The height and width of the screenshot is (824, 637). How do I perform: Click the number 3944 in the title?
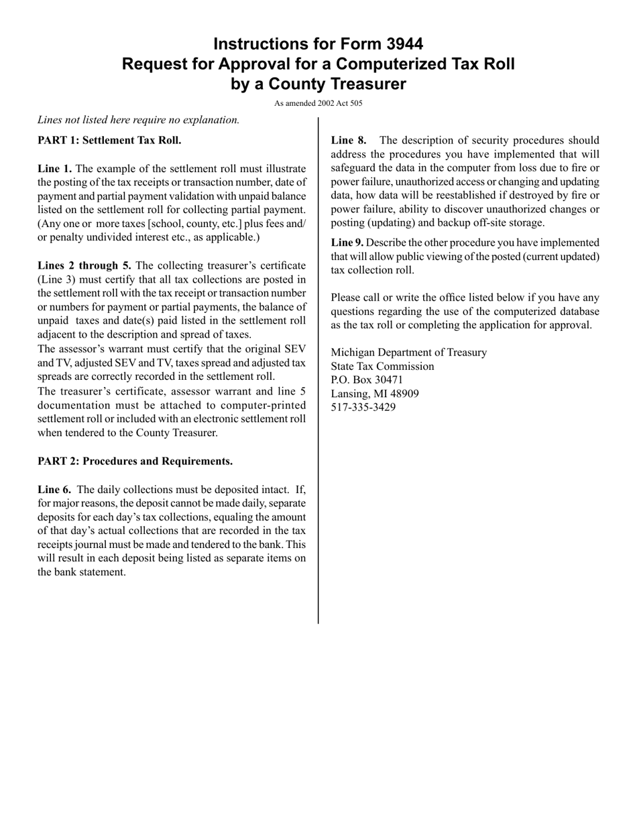click(404, 44)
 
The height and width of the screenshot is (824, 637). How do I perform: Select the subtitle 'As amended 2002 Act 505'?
click(318, 103)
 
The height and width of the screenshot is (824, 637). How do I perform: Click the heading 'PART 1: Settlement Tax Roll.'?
click(109, 141)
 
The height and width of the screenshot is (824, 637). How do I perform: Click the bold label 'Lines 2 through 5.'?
click(84, 266)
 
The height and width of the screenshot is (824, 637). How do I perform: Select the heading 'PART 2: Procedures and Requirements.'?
click(135, 462)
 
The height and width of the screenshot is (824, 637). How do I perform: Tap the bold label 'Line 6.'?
click(55, 490)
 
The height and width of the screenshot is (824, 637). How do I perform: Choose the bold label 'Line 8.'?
click(349, 141)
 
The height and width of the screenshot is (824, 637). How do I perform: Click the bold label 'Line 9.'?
click(347, 243)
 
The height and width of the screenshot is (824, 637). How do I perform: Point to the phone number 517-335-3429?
click(363, 407)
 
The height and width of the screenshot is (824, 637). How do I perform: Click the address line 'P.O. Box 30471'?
click(367, 380)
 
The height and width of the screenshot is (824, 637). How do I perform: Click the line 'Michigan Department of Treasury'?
click(409, 352)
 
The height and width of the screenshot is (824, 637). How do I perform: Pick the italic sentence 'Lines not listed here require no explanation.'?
click(138, 120)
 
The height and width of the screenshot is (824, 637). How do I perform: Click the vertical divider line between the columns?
click(318, 368)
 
